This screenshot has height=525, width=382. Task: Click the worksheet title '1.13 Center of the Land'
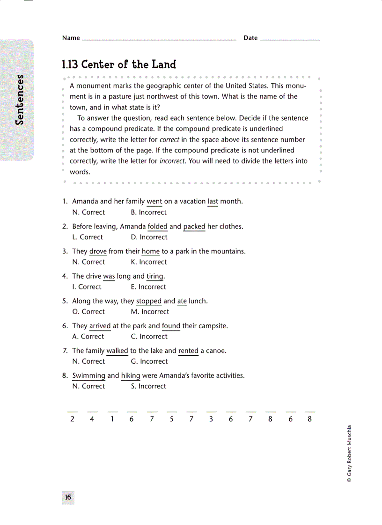[x=119, y=65]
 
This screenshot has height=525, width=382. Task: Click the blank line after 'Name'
[x=159, y=39]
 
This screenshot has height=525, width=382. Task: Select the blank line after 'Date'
[x=289, y=39]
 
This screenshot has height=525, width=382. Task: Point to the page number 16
[x=68, y=497]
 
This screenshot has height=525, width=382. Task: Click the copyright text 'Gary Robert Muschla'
[x=349, y=453]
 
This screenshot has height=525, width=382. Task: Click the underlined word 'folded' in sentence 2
[x=157, y=227]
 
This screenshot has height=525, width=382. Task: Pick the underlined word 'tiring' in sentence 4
[x=154, y=276]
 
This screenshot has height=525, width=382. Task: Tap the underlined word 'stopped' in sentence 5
[x=148, y=301]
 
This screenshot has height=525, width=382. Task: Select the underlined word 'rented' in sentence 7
[x=188, y=351]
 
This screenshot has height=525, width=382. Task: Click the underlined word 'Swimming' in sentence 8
[x=88, y=375]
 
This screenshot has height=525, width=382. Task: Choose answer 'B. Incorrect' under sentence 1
[x=148, y=212]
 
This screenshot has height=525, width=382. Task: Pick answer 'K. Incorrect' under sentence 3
[x=148, y=262]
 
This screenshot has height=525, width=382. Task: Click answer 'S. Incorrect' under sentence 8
[x=148, y=386]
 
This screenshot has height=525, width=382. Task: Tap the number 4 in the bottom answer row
[x=92, y=419]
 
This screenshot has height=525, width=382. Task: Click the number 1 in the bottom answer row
[x=112, y=419]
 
